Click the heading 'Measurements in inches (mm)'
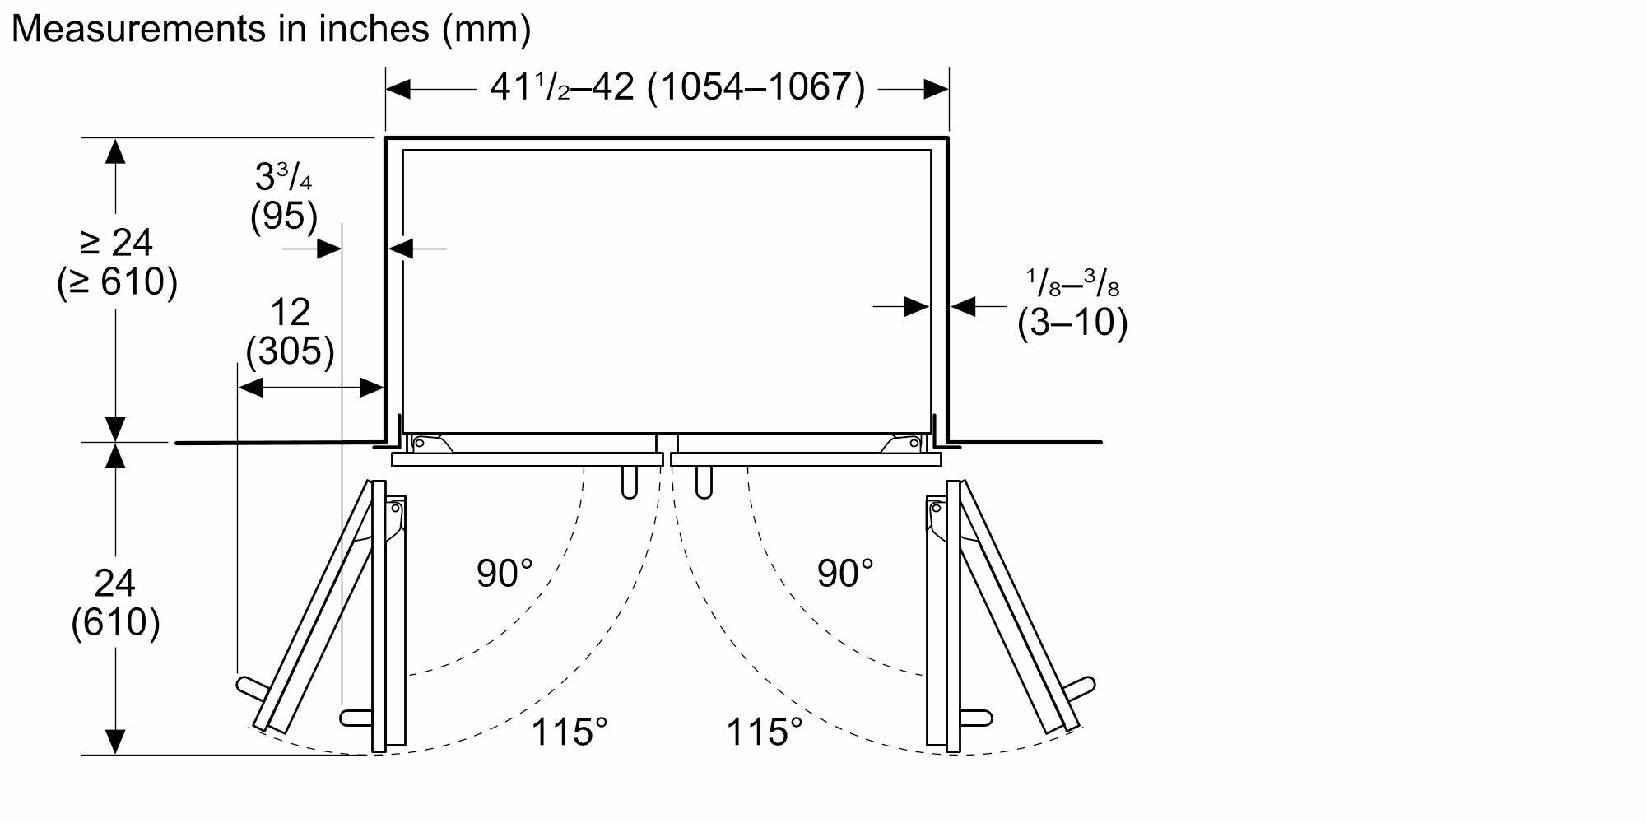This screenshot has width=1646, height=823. pos(271,29)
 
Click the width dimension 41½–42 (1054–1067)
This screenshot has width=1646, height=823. pos(677,87)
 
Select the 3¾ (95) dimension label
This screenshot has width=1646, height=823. pos(284,197)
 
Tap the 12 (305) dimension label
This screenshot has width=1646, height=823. pos(291,332)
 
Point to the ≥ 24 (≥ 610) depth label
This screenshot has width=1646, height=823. pos(117,263)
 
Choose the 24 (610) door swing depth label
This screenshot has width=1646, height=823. pos(115,602)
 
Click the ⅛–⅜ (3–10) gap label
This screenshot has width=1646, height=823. pos(1072,304)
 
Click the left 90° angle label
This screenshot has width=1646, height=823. pos(504,573)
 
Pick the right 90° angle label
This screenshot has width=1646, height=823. pos(845,573)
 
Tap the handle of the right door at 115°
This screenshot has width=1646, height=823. pos(1081,686)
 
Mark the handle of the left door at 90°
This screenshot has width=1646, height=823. pos(356,718)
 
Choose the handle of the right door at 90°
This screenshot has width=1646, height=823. pos(976,718)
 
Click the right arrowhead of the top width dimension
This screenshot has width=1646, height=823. pos(936,89)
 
